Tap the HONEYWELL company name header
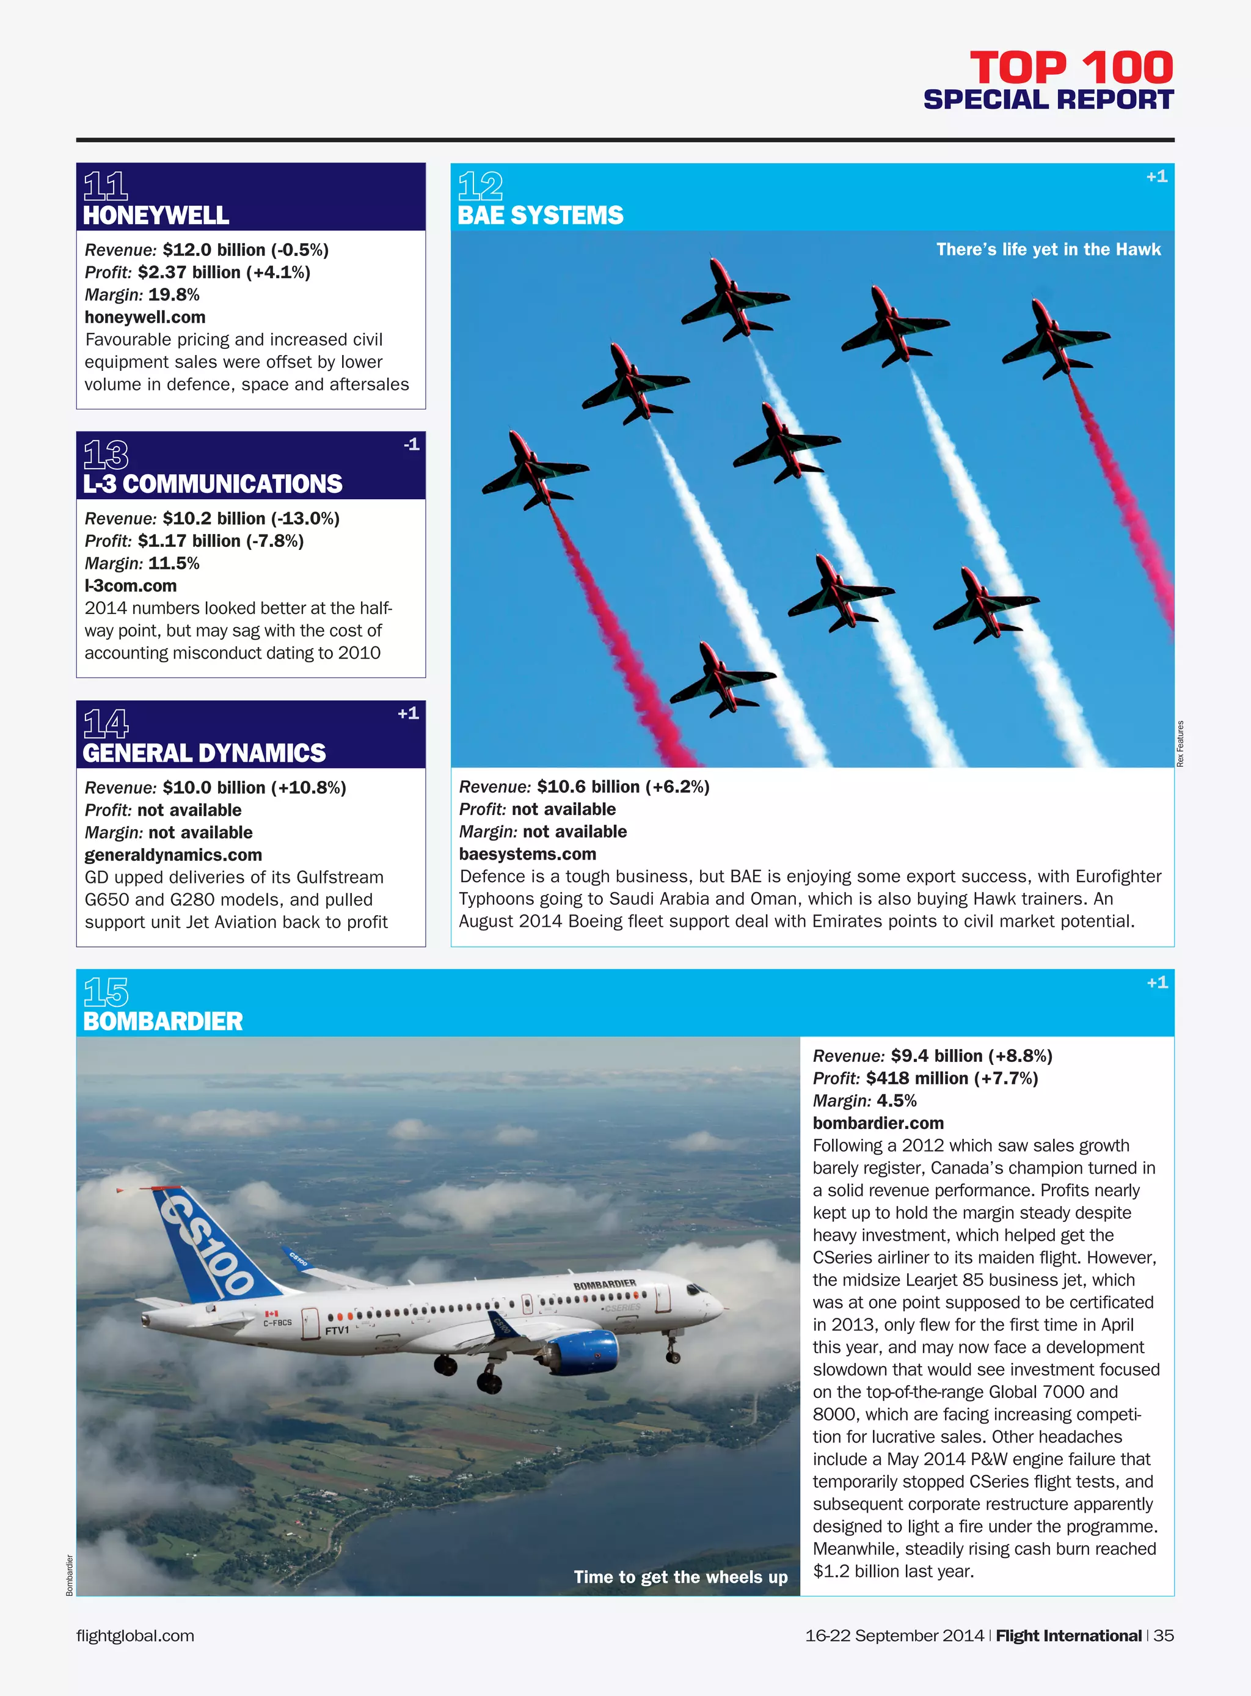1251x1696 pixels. click(x=156, y=215)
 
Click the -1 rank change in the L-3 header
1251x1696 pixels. click(x=411, y=445)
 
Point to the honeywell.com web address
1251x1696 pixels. click(x=145, y=316)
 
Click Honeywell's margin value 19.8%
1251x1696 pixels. click(x=173, y=294)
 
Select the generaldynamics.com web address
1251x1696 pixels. click(x=173, y=855)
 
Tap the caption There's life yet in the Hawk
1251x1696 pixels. click(x=1048, y=249)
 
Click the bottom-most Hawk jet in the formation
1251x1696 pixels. click(x=721, y=679)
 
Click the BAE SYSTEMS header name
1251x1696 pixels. click(x=540, y=215)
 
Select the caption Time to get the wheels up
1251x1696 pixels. click(x=680, y=1576)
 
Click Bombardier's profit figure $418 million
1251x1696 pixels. click(x=916, y=1078)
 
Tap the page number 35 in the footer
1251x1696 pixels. click(x=1163, y=1636)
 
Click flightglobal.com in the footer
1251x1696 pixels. click(x=135, y=1636)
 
